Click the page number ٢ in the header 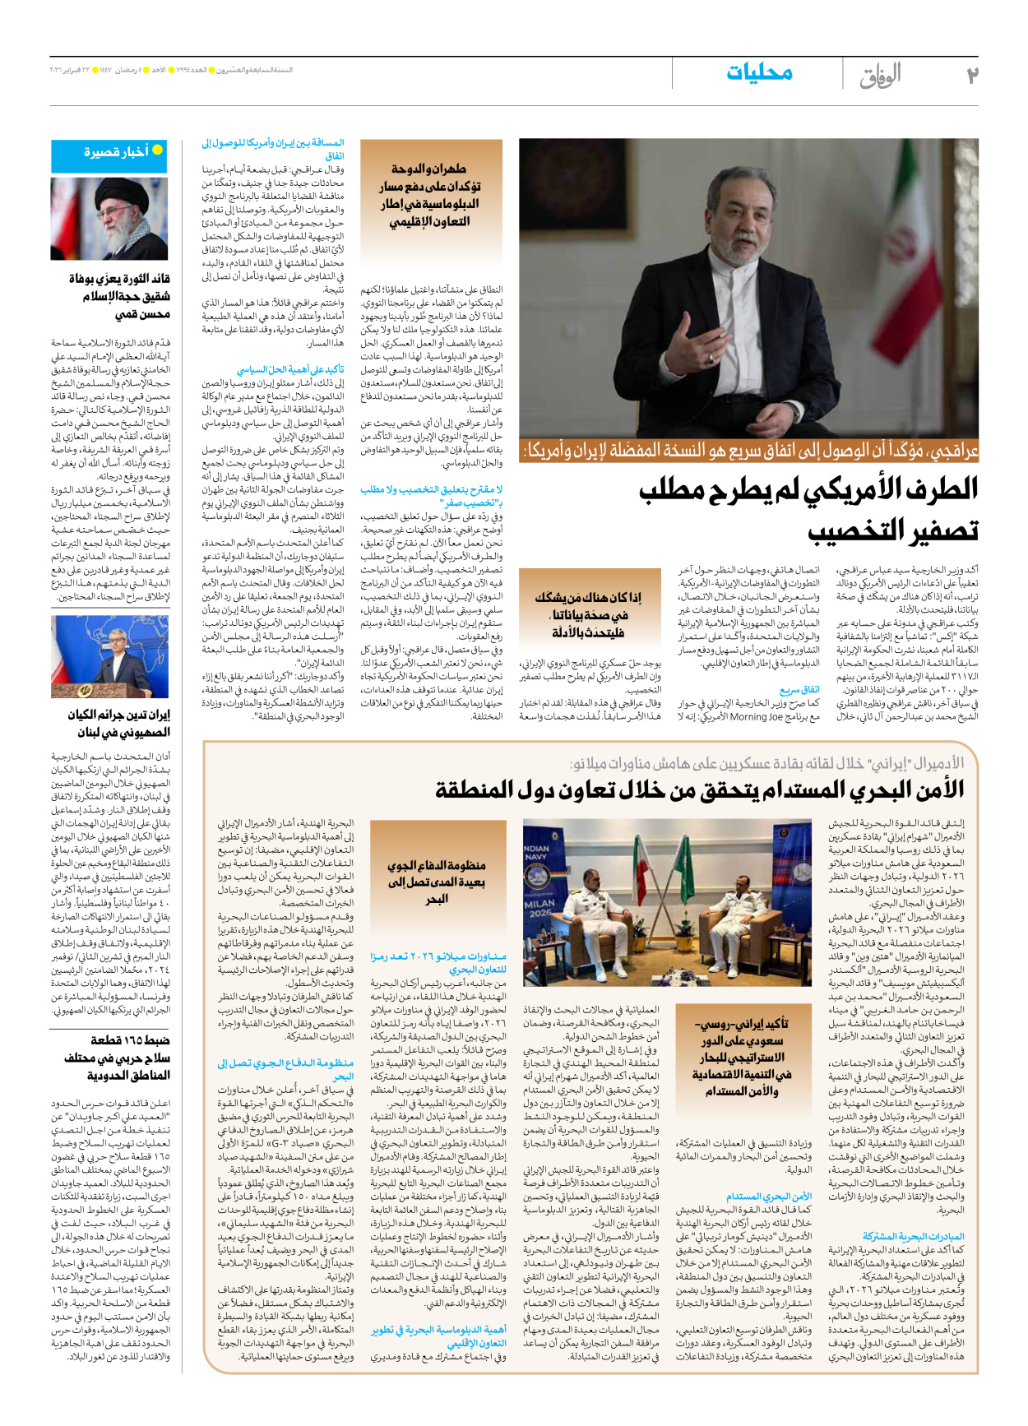[971, 75]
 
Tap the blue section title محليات [759, 72]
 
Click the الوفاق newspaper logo [880, 76]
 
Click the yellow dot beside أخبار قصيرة [157, 150]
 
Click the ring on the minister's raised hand [712, 359]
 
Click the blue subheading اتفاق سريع [799, 690]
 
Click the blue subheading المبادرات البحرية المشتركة [913, 1236]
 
